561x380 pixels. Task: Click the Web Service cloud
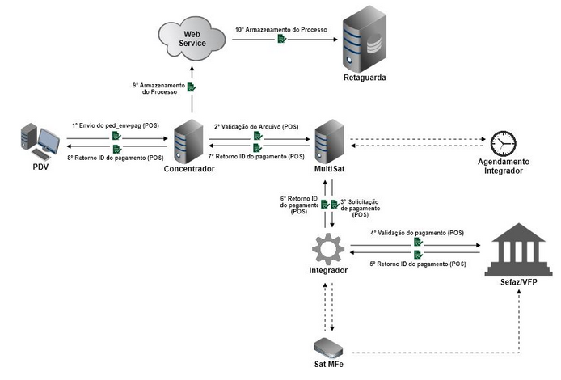pos(192,38)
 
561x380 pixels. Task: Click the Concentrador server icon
pos(189,141)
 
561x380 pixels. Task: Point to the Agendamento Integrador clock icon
pos(505,142)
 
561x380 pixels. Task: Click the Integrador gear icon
pos(329,247)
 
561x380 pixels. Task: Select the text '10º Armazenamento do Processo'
pos(280,29)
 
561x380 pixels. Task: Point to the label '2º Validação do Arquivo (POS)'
pos(256,127)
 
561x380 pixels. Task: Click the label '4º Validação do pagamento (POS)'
pos(418,232)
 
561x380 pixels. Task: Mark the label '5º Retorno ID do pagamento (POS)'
pos(417,264)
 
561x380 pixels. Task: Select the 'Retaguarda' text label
pos(361,78)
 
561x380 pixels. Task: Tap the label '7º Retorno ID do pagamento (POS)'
pos(256,156)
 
